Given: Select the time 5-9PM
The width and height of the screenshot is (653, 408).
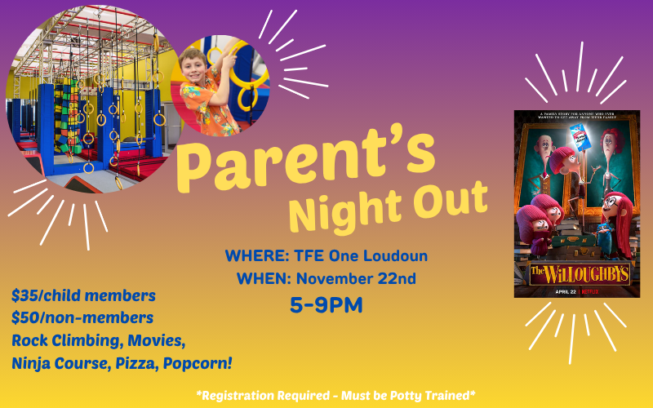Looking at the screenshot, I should point(326,305).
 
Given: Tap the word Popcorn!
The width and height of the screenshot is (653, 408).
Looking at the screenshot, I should point(207,362).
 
